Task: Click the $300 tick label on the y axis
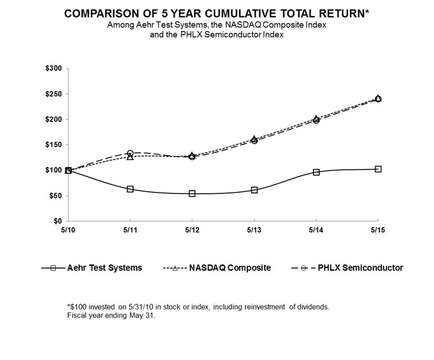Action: click(54, 69)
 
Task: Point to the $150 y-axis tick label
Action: click(54, 145)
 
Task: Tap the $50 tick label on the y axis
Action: click(56, 196)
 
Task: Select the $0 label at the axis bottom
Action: click(58, 221)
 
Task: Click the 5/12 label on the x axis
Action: click(192, 230)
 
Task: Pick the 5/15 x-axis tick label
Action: click(378, 230)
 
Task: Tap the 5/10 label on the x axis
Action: click(68, 230)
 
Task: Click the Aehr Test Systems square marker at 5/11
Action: click(130, 189)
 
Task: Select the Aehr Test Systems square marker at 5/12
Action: click(192, 193)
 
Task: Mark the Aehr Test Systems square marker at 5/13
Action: click(255, 190)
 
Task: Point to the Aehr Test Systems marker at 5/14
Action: click(316, 172)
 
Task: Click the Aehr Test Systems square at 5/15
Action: click(378, 169)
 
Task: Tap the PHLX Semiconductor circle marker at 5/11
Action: click(130, 153)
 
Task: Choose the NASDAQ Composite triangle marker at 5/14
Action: click(316, 119)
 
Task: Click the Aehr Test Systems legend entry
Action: click(92, 268)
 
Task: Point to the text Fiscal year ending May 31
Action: click(111, 316)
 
